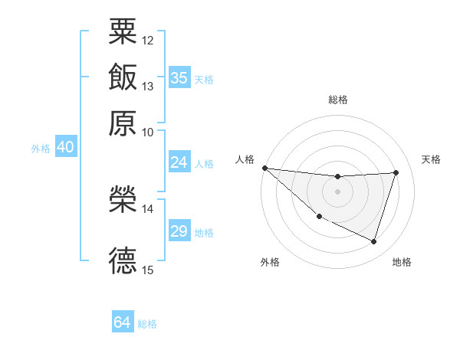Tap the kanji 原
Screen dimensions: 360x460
(x=123, y=122)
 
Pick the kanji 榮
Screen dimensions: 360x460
(x=123, y=198)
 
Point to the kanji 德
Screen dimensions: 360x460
(x=123, y=260)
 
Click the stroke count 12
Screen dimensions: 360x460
(x=148, y=39)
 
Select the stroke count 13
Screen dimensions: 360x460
(x=148, y=86)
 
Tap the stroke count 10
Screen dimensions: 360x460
(x=148, y=132)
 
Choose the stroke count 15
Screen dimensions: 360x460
(x=148, y=270)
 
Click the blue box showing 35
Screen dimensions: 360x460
(x=179, y=77)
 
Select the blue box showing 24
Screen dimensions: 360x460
(x=179, y=162)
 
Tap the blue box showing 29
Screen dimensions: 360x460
(x=179, y=231)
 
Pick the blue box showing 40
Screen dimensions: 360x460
(x=65, y=147)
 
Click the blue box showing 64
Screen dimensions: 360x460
(x=122, y=322)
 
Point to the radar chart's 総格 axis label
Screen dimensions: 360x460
(x=337, y=100)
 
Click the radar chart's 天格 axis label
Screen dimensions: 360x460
(x=432, y=159)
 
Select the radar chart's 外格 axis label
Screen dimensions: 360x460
(x=270, y=262)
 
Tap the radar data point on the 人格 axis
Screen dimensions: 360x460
(x=264, y=168)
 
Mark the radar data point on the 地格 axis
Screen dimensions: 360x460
(x=374, y=242)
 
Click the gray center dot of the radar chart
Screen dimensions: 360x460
(x=337, y=191)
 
